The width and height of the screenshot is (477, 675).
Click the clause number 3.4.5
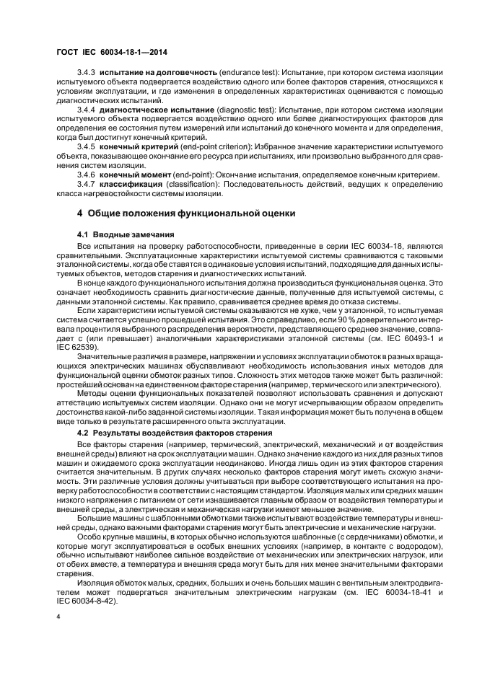point(86,146)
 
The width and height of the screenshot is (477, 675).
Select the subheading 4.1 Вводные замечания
point(123,236)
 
